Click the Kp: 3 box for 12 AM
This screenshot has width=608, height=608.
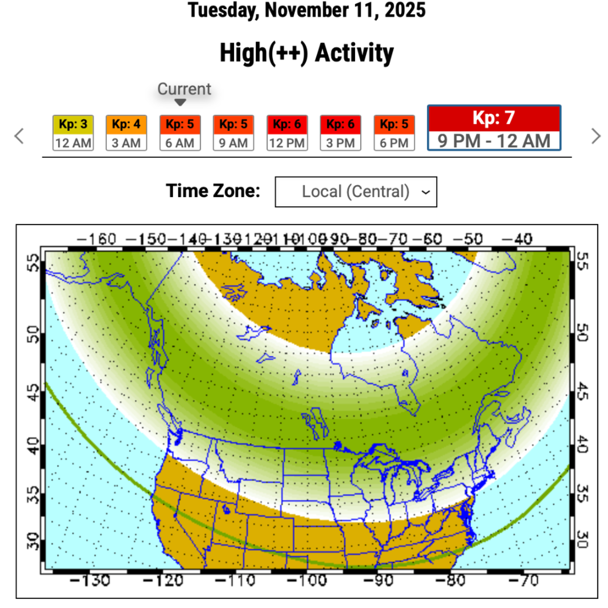point(73,133)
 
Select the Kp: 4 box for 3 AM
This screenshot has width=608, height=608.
point(126,133)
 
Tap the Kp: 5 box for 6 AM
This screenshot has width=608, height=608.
point(180,133)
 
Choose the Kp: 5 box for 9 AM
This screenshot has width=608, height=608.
point(233,133)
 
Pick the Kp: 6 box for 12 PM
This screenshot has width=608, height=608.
point(287,133)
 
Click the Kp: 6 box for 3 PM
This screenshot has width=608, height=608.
point(340,133)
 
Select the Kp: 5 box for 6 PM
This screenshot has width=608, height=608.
point(394,133)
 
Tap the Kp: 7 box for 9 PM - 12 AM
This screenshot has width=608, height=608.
point(494,128)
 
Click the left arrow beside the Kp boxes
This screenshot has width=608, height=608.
point(19,136)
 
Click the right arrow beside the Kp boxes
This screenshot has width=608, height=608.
point(596,136)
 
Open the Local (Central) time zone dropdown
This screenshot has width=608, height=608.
point(356,192)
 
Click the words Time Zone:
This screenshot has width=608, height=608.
point(213,191)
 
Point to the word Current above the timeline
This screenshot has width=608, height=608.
point(184,89)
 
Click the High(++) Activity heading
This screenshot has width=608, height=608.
point(307,53)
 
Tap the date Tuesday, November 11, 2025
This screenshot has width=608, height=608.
point(307,10)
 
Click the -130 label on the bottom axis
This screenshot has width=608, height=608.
point(90,581)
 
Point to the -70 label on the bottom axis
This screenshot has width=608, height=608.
point(523,581)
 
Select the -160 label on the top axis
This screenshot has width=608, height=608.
point(96,239)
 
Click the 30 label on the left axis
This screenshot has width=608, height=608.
point(33,541)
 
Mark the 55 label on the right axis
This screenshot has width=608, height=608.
point(582,262)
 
